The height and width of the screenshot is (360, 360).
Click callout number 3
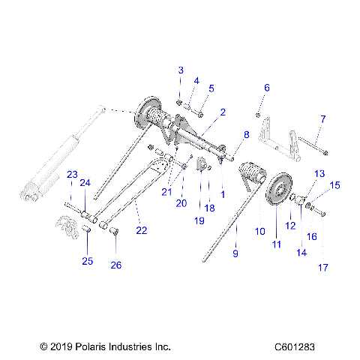tap(180, 70)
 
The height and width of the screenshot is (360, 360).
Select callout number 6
tap(266, 88)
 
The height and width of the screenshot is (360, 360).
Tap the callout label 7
tap(322, 118)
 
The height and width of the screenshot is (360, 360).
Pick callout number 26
tap(116, 264)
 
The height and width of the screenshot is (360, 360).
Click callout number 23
tap(72, 174)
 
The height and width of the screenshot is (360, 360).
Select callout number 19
tap(199, 221)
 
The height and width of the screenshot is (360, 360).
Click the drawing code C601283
tap(301, 347)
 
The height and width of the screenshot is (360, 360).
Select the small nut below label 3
tap(180, 102)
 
